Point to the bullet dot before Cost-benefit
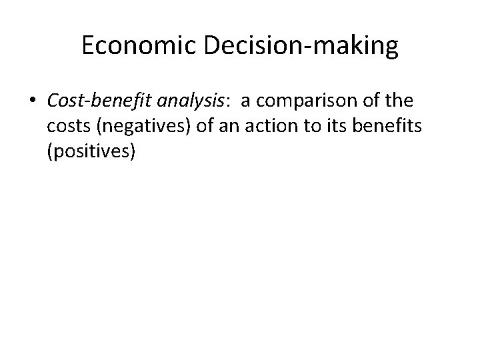click(x=33, y=102)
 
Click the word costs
click(x=69, y=127)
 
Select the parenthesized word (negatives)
click(x=147, y=127)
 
